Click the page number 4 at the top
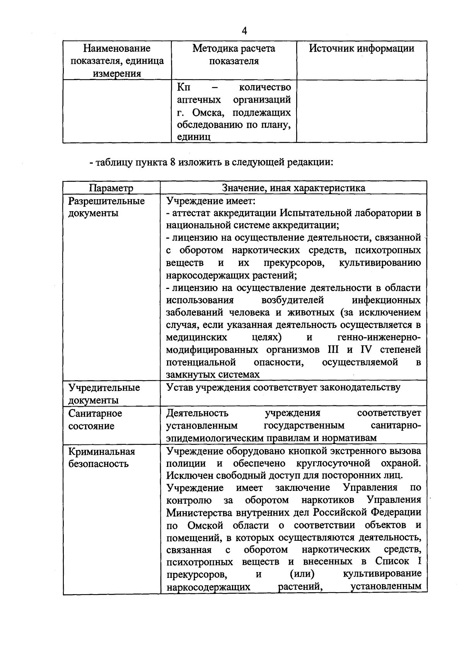pos(244,31)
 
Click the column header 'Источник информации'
pos(362,48)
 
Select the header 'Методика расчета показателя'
pos(234,55)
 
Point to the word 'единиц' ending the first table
pos(194,137)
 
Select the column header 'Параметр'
pos(111,188)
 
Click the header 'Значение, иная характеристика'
pos(293,188)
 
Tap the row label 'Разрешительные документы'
pos(106,207)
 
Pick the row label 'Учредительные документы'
pos(104,394)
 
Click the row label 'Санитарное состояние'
pos(95,419)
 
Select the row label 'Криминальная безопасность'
pos(101,458)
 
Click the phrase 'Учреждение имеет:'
pos(211,201)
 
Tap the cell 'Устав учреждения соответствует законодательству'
pos(283,387)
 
